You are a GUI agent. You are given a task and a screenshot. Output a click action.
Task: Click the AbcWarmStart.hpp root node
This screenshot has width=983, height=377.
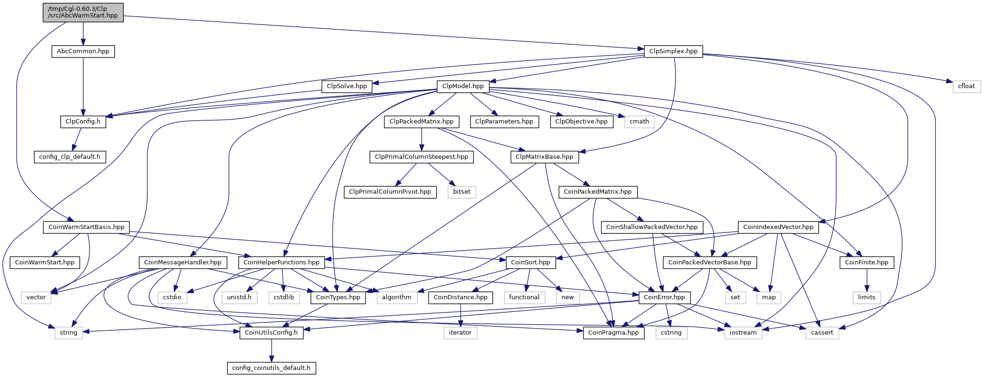pos(83,12)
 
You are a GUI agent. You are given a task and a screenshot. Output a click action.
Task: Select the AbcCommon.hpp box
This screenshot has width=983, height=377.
pos(83,51)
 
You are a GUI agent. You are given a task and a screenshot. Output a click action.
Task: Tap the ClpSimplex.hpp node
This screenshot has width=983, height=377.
pos(673,51)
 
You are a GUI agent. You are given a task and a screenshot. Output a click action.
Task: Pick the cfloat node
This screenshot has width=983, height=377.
pos(967,86)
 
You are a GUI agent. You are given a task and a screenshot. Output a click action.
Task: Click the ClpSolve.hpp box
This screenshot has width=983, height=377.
pos(347,86)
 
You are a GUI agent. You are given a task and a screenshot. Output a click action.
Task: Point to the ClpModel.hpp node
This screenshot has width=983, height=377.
pos(463,86)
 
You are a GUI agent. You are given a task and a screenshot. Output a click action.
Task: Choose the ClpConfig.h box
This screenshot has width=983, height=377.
pos(83,122)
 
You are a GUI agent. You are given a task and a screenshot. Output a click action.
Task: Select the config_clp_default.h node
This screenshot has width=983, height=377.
pos(70,157)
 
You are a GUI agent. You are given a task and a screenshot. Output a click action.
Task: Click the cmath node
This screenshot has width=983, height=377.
pos(639,122)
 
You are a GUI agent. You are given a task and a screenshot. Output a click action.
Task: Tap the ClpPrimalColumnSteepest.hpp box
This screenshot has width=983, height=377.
pos(422,157)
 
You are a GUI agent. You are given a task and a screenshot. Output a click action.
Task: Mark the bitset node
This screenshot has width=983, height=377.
pos(462,192)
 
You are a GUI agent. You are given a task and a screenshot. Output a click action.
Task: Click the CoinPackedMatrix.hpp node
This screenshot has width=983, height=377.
pos(598,192)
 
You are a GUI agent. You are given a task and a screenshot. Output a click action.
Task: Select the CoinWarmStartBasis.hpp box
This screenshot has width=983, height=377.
pos(86,227)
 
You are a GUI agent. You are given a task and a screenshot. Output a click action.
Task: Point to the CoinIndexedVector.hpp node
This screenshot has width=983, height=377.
pos(778,227)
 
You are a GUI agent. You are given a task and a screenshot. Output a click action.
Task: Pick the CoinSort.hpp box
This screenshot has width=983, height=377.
pos(530,262)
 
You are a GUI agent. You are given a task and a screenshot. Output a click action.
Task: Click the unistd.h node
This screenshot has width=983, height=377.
pos(239,297)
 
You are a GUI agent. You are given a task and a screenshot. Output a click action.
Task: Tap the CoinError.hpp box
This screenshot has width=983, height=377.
pos(665,297)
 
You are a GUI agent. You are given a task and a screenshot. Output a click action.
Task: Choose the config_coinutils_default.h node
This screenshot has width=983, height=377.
pos(271,368)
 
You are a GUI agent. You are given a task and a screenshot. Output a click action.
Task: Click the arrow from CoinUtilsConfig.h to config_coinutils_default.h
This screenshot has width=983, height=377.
pos(271,350)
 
